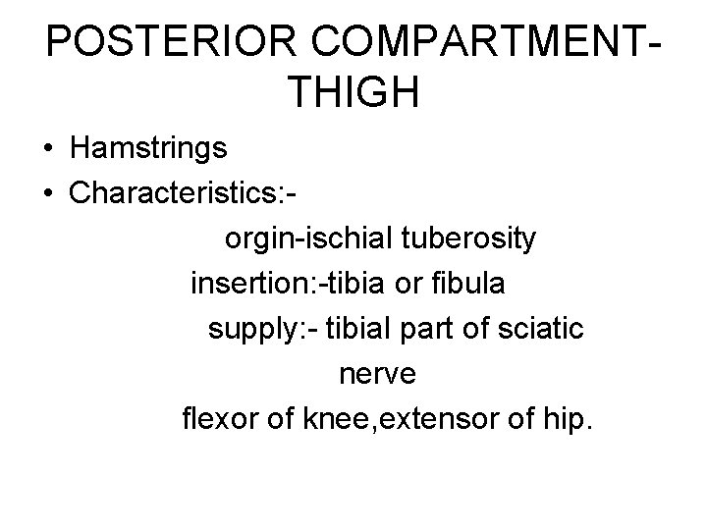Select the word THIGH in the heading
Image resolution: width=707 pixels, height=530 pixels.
pyautogui.click(x=354, y=94)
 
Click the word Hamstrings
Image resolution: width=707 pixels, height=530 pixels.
pyautogui.click(x=148, y=149)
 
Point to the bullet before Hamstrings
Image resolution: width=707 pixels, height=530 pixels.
pyautogui.click(x=48, y=150)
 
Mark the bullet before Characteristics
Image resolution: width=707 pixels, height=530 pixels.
pyautogui.click(x=48, y=193)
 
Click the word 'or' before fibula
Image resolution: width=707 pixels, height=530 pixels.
pyautogui.click(x=411, y=285)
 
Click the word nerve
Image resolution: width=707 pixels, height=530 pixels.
pyautogui.click(x=377, y=375)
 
